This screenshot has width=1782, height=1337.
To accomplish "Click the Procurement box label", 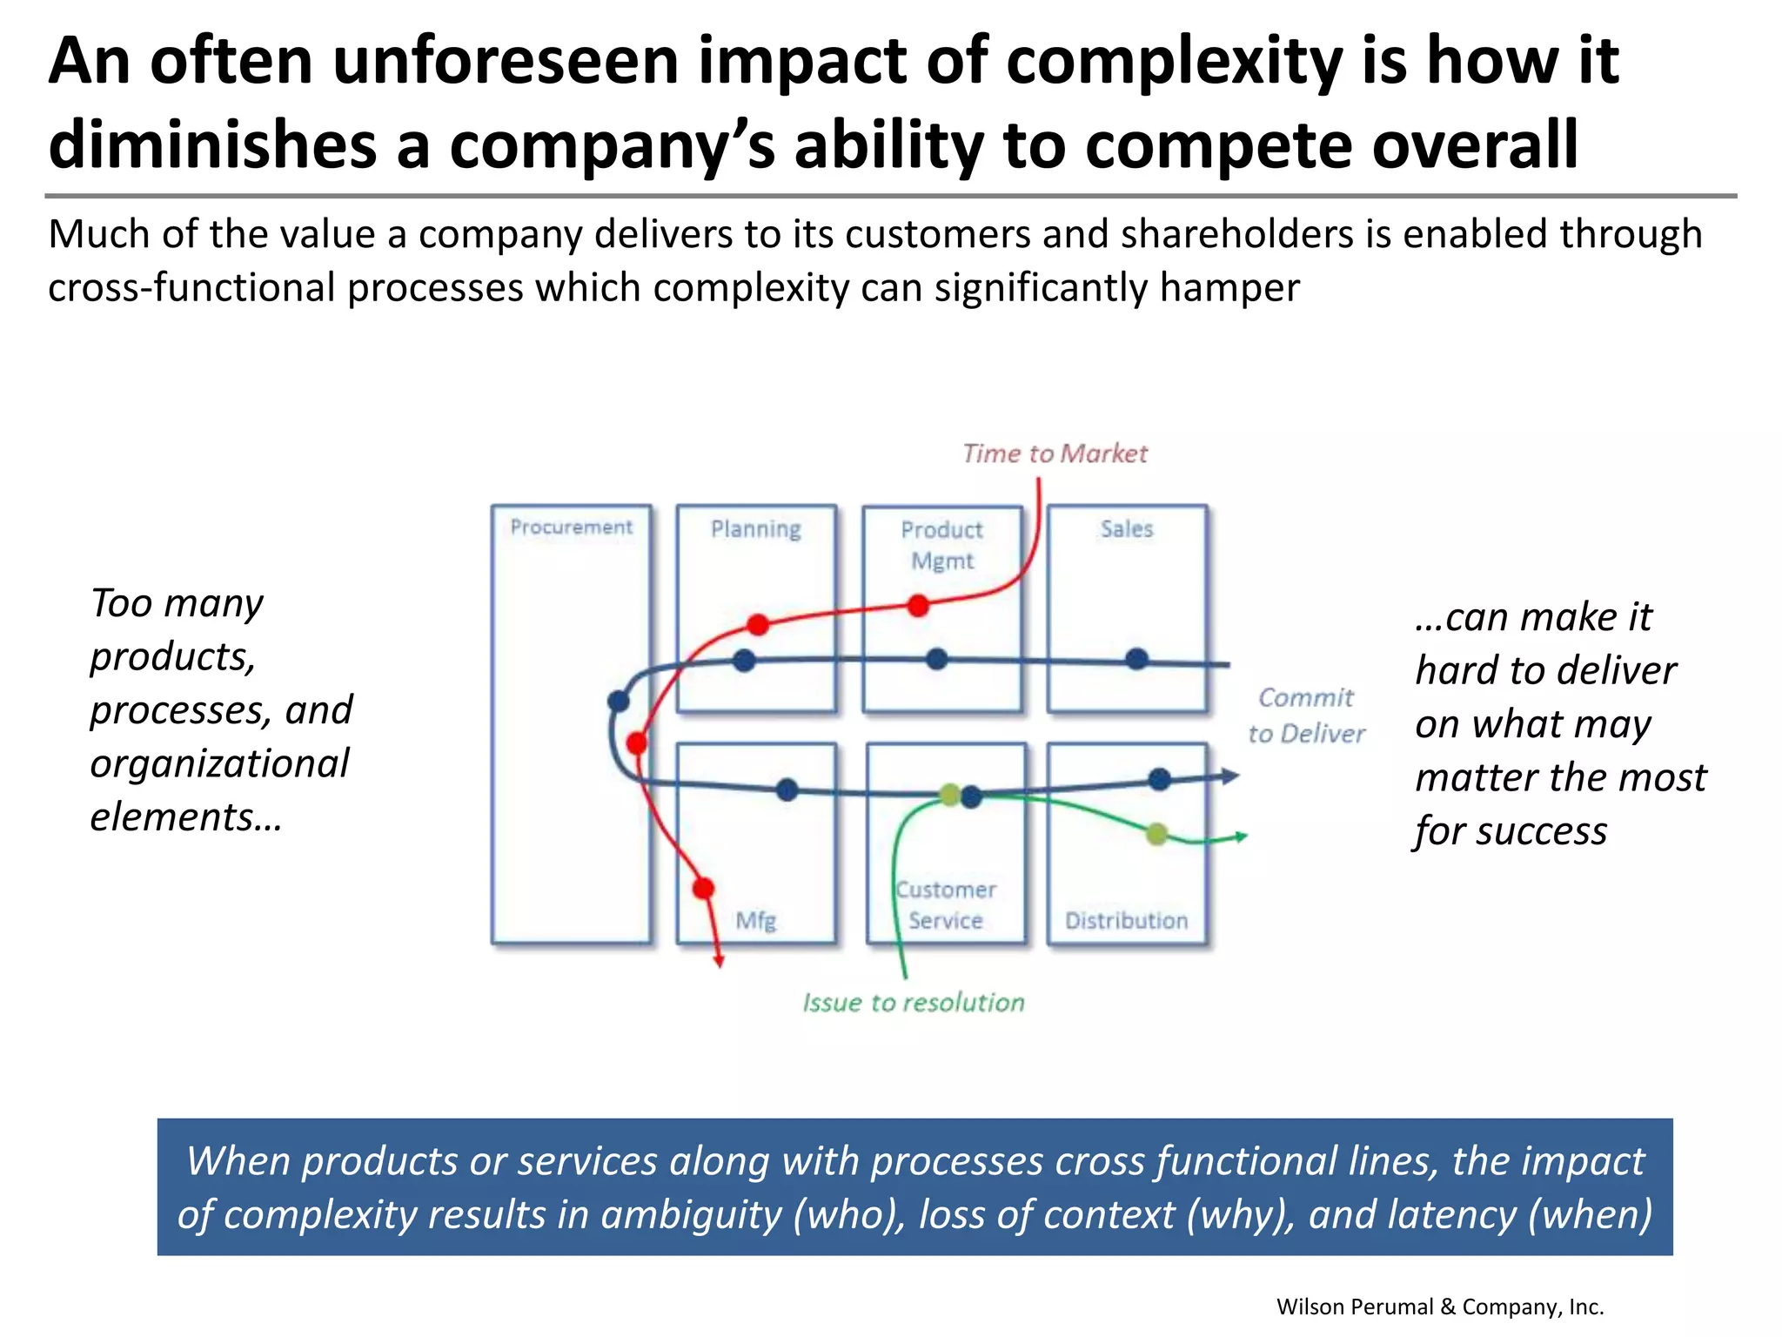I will (571, 527).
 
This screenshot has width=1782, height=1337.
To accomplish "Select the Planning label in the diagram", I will (755, 529).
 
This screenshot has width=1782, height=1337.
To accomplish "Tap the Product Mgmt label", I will (941, 545).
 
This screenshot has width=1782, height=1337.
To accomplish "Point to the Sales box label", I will (1127, 529).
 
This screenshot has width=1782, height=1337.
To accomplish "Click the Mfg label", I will (755, 920).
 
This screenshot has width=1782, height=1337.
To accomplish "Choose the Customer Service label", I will (946, 904).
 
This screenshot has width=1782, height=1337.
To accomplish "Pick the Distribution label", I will (1126, 920).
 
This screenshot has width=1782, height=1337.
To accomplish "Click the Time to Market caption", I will (1055, 454).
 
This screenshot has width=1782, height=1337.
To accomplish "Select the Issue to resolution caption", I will (913, 1003).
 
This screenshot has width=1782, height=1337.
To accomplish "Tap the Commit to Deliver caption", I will (1306, 716).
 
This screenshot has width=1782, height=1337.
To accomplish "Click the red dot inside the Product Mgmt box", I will (918, 606).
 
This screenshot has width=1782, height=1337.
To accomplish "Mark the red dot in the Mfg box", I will (703, 889).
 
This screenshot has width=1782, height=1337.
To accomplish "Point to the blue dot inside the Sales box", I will (1136, 659).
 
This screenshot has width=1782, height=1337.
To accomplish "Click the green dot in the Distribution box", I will (1156, 834).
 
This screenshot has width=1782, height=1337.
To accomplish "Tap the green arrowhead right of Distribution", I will (1242, 836).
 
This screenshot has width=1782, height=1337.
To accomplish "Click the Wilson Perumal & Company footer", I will (1439, 1307).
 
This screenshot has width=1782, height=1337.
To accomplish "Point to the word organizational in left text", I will (219, 763).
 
